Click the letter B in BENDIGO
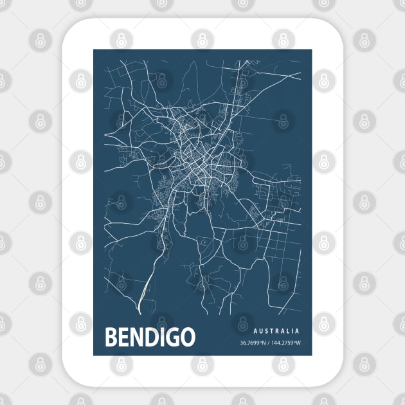[x=110, y=337]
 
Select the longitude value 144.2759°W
[x=285, y=343]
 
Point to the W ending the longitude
[x=298, y=343]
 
